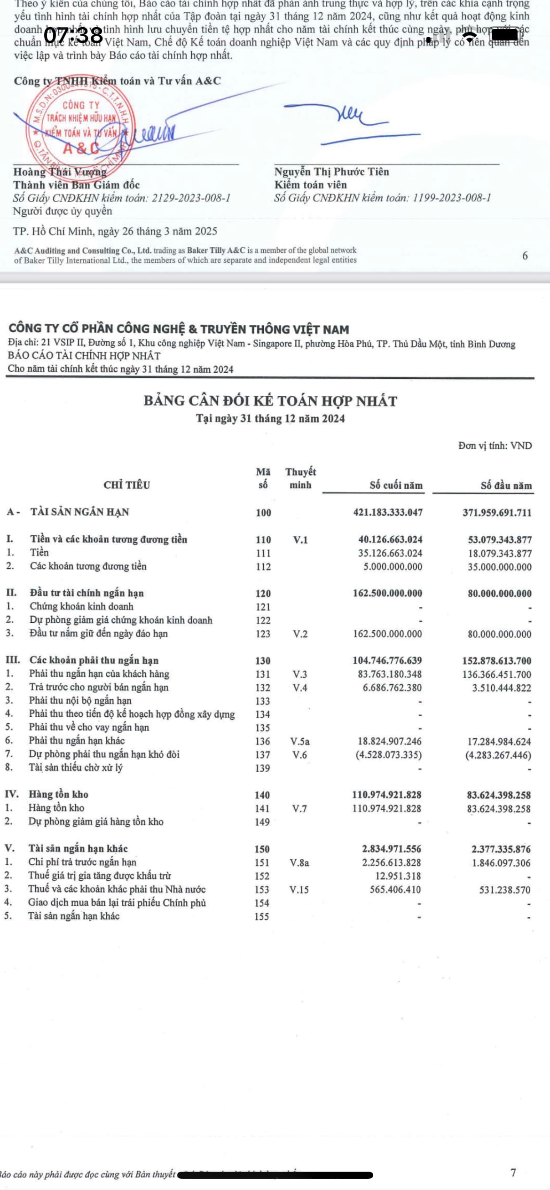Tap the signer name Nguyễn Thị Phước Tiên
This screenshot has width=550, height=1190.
[331, 172]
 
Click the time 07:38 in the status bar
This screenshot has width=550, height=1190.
[73, 35]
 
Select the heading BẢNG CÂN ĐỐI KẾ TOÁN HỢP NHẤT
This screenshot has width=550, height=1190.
[270, 401]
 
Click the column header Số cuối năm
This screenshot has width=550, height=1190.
[396, 485]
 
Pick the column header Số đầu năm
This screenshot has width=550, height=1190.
[506, 485]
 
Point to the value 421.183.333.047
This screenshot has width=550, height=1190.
[388, 512]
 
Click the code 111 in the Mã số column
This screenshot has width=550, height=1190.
[263, 553]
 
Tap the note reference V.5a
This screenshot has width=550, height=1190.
[300, 742]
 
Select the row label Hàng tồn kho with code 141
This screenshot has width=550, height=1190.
[56, 808]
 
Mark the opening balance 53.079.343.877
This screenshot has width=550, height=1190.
[499, 540]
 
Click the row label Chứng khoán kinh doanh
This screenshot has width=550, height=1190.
[81, 606]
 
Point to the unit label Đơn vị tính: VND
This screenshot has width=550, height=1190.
[495, 446]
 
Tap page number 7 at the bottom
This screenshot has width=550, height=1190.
[513, 1172]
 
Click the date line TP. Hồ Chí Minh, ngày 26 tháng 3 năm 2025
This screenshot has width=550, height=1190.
[115, 231]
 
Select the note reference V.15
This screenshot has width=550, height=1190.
[299, 889]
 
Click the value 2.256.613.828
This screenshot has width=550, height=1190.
[391, 862]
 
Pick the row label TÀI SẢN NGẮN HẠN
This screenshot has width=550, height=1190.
[79, 512]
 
